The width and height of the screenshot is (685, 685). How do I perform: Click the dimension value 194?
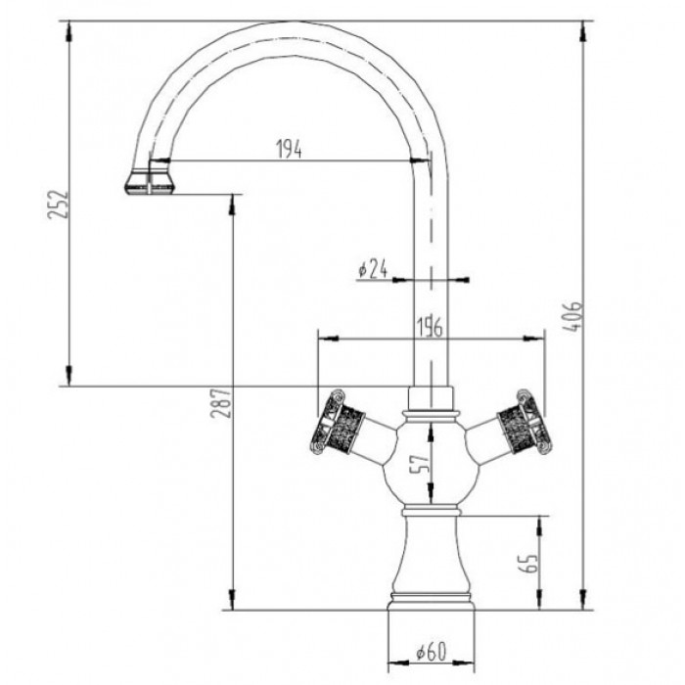tap(288, 149)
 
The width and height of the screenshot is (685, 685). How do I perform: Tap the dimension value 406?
tap(577, 318)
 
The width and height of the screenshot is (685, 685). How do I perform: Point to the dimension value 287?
tap(222, 404)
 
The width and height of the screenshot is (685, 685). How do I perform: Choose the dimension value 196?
tap(430, 327)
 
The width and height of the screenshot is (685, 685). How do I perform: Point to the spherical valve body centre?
tap(431, 460)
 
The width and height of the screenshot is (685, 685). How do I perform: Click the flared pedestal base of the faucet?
tap(431, 568)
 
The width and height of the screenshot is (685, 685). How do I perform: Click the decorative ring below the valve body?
tap(431, 510)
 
